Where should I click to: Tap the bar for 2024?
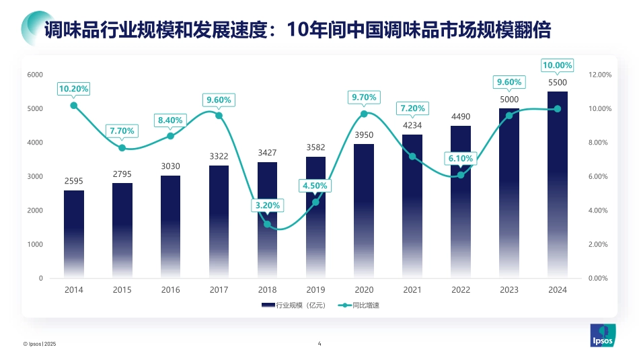(557, 184)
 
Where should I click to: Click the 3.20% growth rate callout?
(267, 205)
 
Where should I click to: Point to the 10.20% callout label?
(74, 89)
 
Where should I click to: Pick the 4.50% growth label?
(315, 185)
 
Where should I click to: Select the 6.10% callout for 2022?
(461, 159)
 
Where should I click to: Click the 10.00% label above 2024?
(557, 65)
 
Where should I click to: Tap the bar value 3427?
(267, 153)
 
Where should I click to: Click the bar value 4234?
(412, 125)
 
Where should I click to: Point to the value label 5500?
(557, 82)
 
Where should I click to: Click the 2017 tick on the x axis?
(219, 290)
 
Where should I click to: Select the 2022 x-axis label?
(461, 290)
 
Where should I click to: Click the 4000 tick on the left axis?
(35, 143)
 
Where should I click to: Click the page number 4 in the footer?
(319, 344)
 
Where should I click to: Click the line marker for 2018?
(267, 224)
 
